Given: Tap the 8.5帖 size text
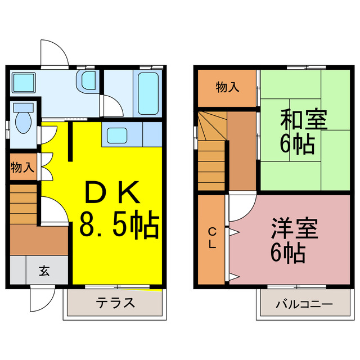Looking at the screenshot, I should (119, 224).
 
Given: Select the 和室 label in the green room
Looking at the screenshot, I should (305, 120).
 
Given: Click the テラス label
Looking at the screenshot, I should (115, 303).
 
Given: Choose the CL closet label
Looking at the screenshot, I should (212, 237).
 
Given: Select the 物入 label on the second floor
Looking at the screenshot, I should (227, 87).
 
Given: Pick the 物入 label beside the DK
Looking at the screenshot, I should (22, 167).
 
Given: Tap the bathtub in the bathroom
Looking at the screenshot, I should (147, 92).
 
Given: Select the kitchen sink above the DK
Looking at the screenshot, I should (118, 135).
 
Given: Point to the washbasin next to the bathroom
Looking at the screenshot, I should (88, 81).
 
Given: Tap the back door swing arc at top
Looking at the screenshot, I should (55, 52).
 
